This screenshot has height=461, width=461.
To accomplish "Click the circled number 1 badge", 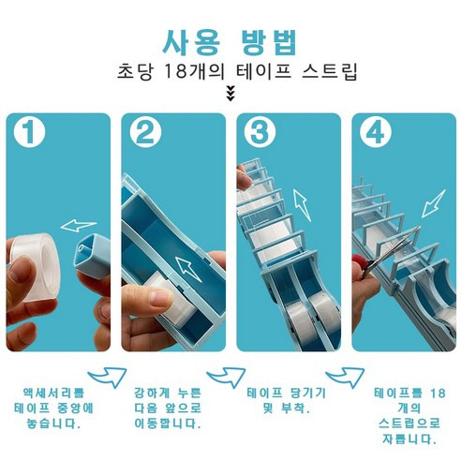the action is coord(29,132).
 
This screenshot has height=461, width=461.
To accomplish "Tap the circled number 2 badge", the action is coord(145,132).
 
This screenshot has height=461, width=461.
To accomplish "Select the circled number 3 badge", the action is coord(260,132).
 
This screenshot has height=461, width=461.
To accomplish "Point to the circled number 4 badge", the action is coord(376,132).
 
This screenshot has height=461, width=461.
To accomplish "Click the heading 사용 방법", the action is coord(230,42).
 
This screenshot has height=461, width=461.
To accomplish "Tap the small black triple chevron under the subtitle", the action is coord(230,94).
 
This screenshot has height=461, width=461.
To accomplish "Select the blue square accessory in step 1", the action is coord(92,257).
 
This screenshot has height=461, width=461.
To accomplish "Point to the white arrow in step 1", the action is coord(78,225).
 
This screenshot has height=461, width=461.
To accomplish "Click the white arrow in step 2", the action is coord(188,269).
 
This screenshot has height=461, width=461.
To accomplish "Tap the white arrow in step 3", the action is coord(302,205).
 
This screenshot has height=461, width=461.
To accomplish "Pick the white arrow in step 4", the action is coord(433,203).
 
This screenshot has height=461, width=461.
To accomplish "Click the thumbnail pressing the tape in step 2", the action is coord(161,296).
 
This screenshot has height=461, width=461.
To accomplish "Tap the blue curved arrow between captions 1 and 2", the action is coord(108,377).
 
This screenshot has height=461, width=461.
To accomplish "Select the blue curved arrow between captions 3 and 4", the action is coord(345,377).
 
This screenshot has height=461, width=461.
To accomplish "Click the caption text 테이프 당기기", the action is coord(287,393).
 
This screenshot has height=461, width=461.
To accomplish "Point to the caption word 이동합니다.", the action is coord(168,424).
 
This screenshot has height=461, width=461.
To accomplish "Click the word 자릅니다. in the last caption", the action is coord(409,439).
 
